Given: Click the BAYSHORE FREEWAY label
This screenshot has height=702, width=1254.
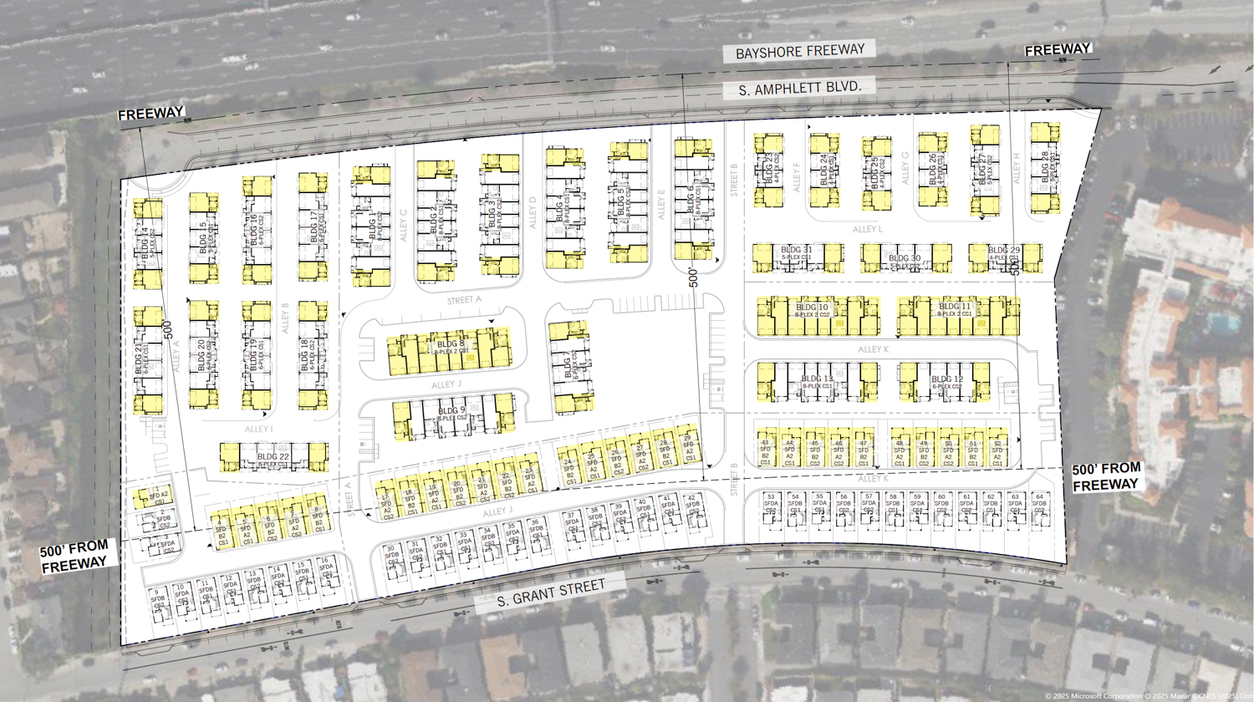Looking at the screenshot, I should point(800,52).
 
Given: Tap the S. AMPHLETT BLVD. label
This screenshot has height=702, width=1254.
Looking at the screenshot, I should point(800,88).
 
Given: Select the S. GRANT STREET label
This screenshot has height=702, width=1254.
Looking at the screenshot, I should point(551,593).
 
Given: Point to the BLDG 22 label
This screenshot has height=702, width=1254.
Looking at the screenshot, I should point(273,457).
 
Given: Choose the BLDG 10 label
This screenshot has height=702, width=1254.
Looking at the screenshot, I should point(812,308).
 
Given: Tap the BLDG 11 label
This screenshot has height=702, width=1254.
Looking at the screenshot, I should point(954,307).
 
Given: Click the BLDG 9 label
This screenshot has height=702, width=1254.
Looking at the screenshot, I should point(451,411).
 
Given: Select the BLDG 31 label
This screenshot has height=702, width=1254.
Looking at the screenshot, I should point(796,250).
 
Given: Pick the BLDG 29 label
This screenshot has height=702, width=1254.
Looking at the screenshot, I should point(1003,250).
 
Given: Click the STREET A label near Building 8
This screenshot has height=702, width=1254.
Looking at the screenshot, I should point(464,300).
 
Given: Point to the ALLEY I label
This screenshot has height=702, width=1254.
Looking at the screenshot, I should point(258,430).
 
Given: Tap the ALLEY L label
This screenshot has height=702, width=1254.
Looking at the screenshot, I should point(867,229).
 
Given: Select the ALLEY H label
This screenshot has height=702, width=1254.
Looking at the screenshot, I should point(1017,169).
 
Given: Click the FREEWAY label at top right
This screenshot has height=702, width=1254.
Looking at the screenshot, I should point(1058,50).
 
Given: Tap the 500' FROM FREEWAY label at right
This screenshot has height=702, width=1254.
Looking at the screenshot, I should point(1106,476).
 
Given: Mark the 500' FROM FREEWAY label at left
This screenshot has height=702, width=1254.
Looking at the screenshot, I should point(74,557).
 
